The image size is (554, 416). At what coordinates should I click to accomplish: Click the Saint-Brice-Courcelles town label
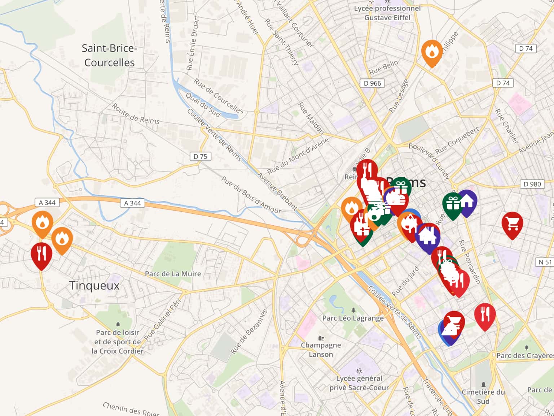tap(109, 55)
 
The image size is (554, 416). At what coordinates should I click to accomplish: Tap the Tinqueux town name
tap(94, 286)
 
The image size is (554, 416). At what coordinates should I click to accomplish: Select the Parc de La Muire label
tap(173, 274)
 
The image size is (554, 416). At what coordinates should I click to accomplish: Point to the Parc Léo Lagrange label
tap(353, 318)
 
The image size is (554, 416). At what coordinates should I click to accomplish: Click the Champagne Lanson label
tap(321, 350)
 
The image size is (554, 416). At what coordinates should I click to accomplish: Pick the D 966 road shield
tap(372, 83)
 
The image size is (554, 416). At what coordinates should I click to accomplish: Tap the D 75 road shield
tap(200, 156)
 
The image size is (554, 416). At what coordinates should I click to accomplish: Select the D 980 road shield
tap(532, 184)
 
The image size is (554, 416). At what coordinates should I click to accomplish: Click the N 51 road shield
tap(545, 262)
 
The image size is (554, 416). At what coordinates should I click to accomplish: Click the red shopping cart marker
tap(512, 224)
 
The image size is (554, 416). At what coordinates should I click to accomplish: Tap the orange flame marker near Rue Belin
tap(431, 52)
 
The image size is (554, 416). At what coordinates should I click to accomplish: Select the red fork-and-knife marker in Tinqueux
tap(41, 255)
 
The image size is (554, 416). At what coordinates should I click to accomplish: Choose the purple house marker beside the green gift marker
tap(467, 202)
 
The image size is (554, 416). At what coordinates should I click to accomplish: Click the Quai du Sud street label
tap(203, 104)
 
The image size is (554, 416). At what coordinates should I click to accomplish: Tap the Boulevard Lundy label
tap(429, 161)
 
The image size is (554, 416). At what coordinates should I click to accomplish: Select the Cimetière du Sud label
tap(483, 396)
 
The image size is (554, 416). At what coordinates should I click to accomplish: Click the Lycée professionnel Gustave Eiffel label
tap(387, 13)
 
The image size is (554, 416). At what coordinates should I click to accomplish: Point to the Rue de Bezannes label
tap(249, 331)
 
